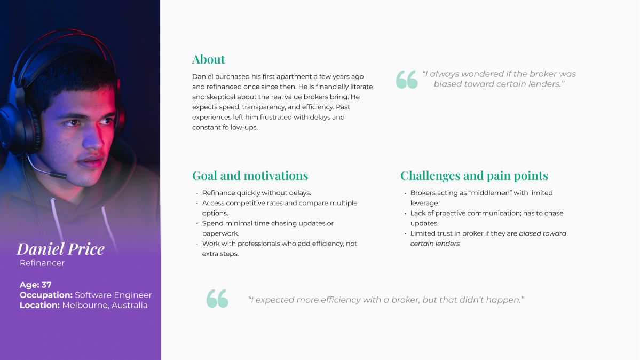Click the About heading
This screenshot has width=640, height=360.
tap(209, 59)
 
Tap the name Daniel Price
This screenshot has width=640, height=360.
tap(60, 249)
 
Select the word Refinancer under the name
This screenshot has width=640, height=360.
tap(42, 263)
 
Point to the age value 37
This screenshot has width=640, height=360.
tap(46, 285)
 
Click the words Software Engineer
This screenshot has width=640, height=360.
tap(113, 295)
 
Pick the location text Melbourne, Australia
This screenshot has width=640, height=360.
tap(105, 305)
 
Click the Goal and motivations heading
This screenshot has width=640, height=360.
tap(250, 176)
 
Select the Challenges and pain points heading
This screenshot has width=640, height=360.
tap(474, 176)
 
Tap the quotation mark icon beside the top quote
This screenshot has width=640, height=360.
tap(407, 80)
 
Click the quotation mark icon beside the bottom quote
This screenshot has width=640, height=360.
tap(217, 299)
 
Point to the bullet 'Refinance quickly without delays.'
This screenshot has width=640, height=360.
tap(256, 193)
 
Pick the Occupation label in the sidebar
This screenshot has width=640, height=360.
tap(46, 295)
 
